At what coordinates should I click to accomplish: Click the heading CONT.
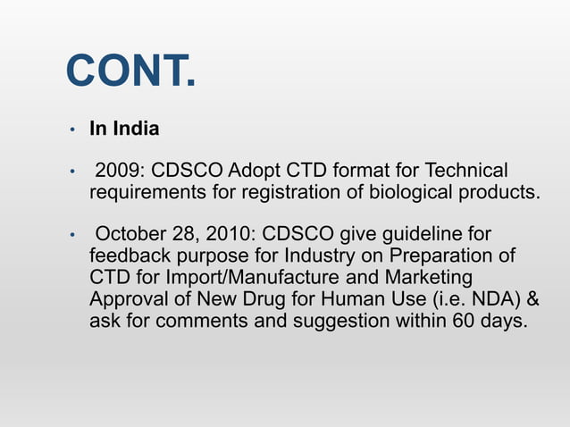(130, 72)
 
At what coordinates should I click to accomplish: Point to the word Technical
(463, 171)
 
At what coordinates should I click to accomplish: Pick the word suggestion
(342, 321)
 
